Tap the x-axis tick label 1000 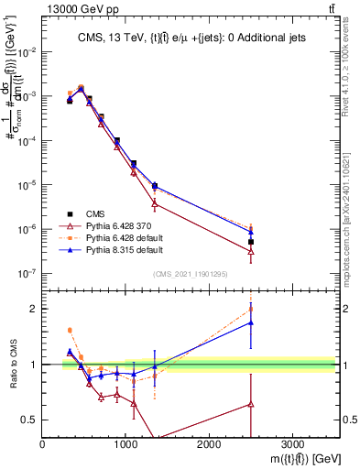coord(125,444)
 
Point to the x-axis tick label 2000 coord(209,444)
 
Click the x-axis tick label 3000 coord(292,444)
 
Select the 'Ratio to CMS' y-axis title coord(12,365)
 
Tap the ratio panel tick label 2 coord(33,309)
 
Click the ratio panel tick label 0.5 coord(30,420)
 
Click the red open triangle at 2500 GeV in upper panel coord(251,251)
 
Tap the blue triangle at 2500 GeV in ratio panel coord(251,322)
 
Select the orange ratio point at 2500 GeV coord(251,309)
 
